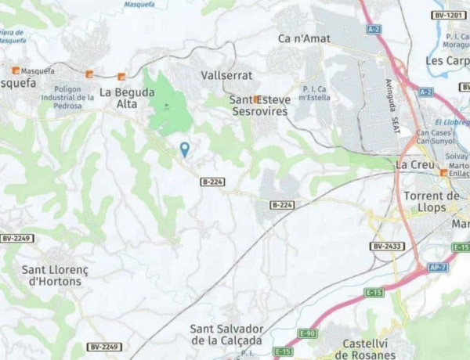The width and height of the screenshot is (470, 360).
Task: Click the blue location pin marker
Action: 185,149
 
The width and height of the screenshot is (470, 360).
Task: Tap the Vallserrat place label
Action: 226,75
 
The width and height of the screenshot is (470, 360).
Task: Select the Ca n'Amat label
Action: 304,38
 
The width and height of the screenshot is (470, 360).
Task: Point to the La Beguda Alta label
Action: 118,98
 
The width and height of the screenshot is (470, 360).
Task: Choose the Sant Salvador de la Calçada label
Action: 227,334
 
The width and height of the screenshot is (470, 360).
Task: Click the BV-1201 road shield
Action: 449,15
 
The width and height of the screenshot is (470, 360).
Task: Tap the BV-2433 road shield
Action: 387,246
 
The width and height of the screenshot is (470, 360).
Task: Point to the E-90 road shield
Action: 308,333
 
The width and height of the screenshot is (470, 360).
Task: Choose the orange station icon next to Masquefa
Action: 13,70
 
